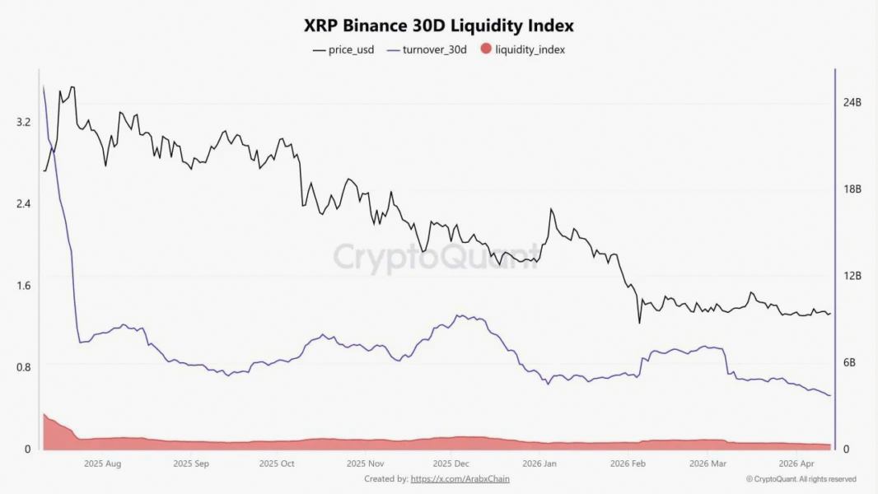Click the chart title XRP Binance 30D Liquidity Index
point(439,26)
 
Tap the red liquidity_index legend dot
point(485,49)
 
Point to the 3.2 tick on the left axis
point(23,122)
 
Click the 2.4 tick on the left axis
point(23,203)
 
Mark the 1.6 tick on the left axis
point(23,285)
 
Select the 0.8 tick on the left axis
point(23,366)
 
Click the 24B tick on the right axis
point(852,103)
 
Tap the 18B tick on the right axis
point(852,189)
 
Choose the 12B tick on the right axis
point(852,276)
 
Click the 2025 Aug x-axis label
point(103,464)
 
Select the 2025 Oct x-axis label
point(276,464)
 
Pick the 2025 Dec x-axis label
point(452,464)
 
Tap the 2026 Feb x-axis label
point(627,464)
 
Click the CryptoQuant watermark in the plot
point(437,256)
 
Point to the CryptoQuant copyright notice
point(801,479)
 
